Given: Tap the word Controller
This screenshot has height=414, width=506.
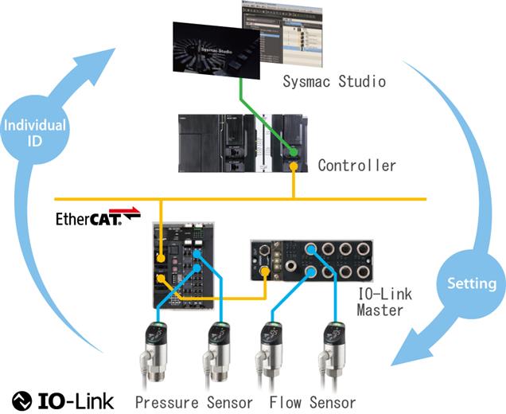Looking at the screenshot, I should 356,166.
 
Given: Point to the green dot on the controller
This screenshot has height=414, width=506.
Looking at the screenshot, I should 294,151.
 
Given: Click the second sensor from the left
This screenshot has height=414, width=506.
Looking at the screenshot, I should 217,350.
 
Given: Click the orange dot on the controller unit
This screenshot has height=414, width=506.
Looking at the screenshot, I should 294,166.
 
